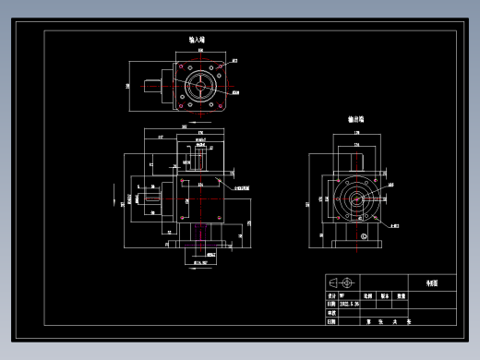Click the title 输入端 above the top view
coord(197,41)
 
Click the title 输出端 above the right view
coord(355,120)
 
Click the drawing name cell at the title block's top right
coord(433,282)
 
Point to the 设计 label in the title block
coord(331,294)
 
